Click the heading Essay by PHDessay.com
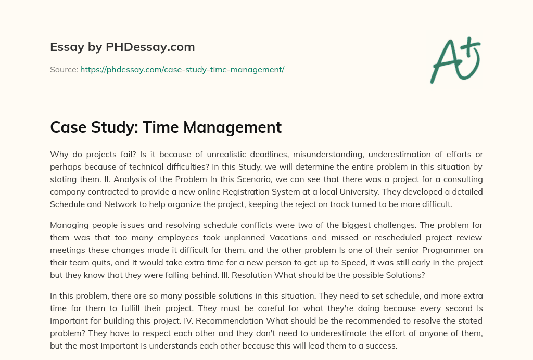[122, 47]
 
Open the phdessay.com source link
[182, 69]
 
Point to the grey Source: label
[64, 69]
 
